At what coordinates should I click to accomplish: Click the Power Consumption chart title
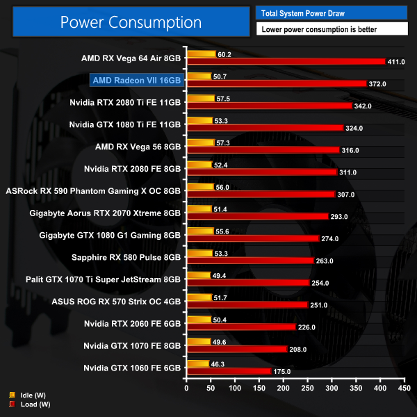pyautogui.click(x=131, y=22)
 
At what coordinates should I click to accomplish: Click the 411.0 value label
pyautogui.click(x=396, y=62)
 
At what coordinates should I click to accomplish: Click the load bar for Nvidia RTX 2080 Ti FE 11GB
pyautogui.click(x=269, y=106)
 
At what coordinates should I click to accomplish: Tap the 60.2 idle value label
pyautogui.click(x=224, y=54)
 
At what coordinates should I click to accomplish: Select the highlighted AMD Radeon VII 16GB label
pyautogui.click(x=136, y=81)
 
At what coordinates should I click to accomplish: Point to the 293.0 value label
pyautogui.click(x=339, y=216)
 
